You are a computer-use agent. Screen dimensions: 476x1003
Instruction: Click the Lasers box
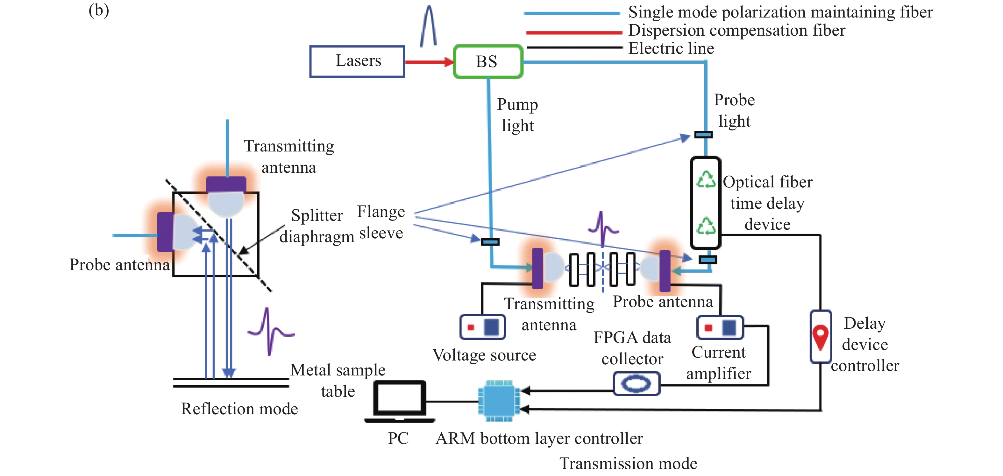[x=357, y=61]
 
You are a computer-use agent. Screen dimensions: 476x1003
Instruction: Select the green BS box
[x=488, y=61]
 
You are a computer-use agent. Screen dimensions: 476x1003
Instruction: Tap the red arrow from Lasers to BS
[x=429, y=61]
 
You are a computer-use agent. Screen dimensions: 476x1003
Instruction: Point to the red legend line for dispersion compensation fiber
[x=573, y=32]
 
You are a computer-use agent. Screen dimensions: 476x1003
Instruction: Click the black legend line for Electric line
[x=574, y=47]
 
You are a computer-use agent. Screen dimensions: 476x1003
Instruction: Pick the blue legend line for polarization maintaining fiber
[x=572, y=13]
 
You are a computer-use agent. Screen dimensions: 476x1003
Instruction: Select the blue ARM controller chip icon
[x=499, y=401]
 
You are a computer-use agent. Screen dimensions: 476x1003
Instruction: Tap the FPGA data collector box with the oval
[x=636, y=384]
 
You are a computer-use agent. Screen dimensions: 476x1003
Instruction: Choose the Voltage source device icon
[x=482, y=327]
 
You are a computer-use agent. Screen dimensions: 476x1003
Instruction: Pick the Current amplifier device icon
[x=720, y=327]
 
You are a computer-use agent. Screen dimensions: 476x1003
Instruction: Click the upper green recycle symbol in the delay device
[x=706, y=180]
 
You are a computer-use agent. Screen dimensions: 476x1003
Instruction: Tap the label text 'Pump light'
[x=517, y=115]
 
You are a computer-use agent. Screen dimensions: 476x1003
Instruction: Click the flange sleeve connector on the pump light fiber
[x=490, y=242]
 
